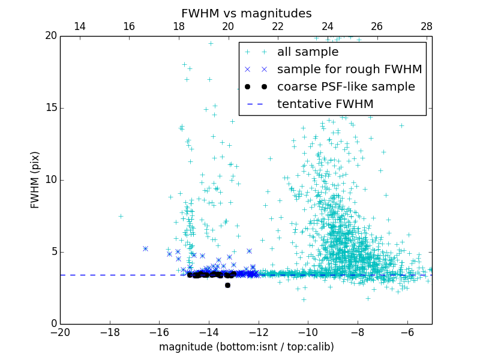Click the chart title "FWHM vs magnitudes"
[246, 13]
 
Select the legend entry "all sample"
[308, 52]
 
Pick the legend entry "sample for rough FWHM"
[349, 70]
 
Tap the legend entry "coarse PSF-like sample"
[346, 87]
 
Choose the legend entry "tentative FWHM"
[325, 104]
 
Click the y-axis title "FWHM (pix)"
[35, 180]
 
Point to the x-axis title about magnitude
[246, 347]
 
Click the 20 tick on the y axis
[50, 36]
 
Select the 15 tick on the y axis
[50, 108]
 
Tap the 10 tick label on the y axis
[50, 180]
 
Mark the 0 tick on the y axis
[53, 324]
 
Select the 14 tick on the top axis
[79, 26]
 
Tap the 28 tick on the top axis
[427, 26]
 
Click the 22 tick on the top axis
[278, 26]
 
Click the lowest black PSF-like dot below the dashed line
[227, 285]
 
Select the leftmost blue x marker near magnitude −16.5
[145, 248]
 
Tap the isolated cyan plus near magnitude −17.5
[121, 216]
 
